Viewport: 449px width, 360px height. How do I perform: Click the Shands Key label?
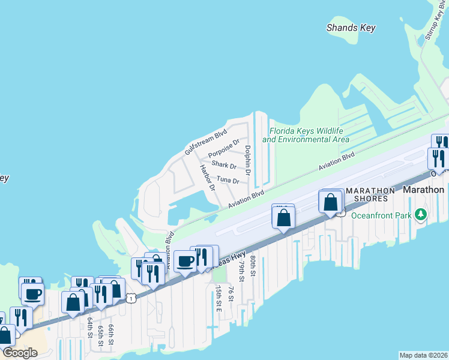350,28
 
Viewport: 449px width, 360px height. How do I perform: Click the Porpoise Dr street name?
224,148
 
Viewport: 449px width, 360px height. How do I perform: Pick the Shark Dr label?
224,165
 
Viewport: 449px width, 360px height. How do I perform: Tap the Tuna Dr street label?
228,180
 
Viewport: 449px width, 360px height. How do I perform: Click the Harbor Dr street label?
207,178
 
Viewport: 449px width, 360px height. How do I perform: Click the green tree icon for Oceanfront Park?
421,214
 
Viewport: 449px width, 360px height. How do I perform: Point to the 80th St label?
254,263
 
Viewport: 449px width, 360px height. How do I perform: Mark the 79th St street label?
242,271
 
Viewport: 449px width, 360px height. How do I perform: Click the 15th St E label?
218,298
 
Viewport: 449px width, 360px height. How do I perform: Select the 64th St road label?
89,328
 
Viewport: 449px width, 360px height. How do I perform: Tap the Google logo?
20,353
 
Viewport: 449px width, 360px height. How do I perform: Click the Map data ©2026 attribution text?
423,355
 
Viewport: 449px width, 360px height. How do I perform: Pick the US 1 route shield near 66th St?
131,297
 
